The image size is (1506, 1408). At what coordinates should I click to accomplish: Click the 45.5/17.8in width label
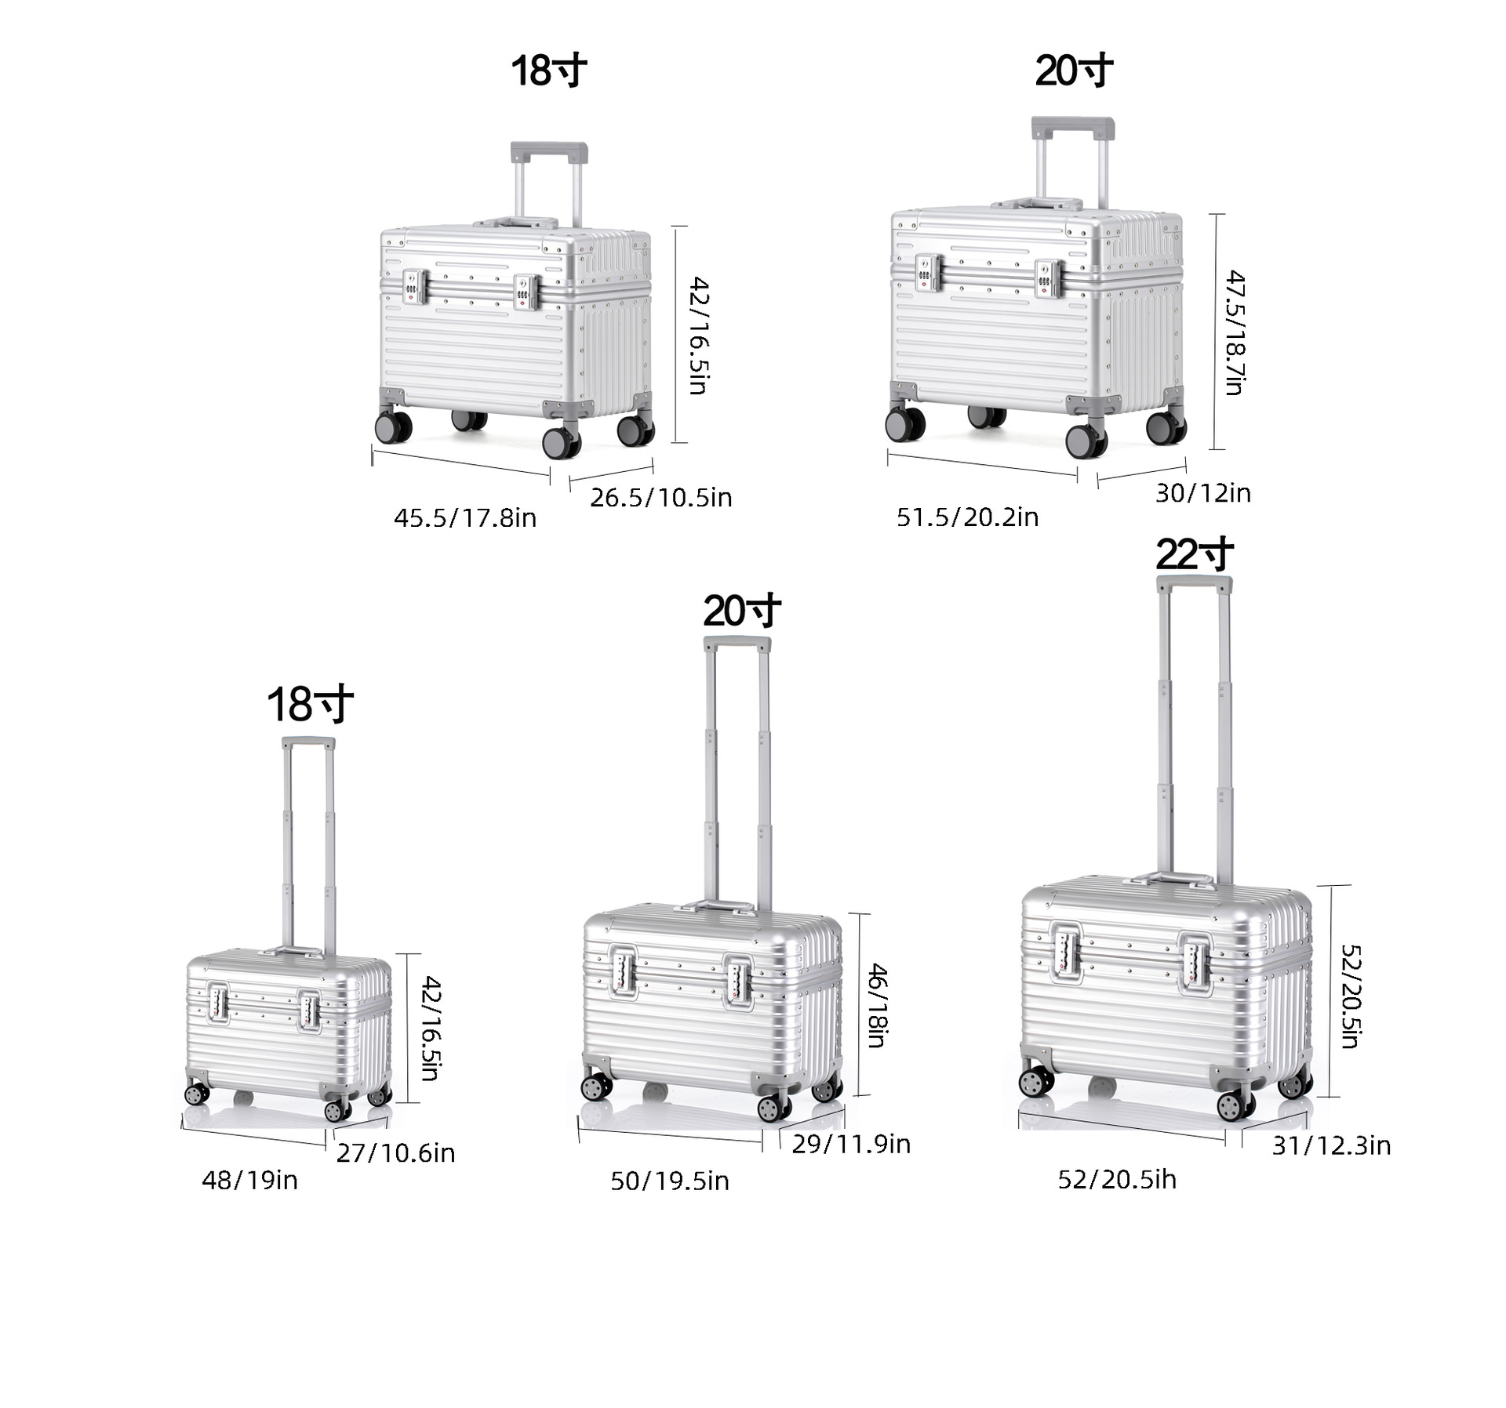[x=465, y=517]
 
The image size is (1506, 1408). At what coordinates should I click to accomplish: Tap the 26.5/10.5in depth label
[x=661, y=497]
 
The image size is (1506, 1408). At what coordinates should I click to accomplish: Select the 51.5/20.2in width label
[x=968, y=517]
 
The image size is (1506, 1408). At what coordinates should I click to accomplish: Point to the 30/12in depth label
[x=1203, y=492]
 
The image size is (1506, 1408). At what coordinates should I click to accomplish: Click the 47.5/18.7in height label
[x=1235, y=332]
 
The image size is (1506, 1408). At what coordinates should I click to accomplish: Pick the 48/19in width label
[x=250, y=1180]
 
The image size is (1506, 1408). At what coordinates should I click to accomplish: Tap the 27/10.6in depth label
[x=396, y=1152]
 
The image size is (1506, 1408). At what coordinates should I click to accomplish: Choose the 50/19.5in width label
[x=670, y=1181]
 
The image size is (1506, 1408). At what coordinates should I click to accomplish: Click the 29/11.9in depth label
[x=851, y=1144]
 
